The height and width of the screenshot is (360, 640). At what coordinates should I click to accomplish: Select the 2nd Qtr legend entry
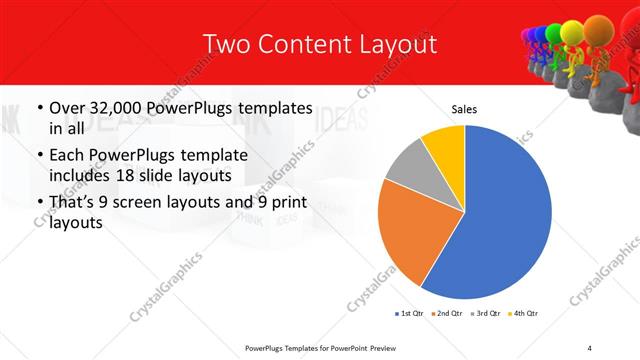[x=448, y=314]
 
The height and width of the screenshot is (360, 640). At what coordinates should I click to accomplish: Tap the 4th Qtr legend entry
[x=525, y=314]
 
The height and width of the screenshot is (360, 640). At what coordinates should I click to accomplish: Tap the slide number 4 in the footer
[x=590, y=347]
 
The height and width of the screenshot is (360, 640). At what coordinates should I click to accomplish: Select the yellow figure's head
[x=570, y=32]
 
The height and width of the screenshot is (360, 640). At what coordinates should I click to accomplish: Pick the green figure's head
[x=553, y=35]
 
